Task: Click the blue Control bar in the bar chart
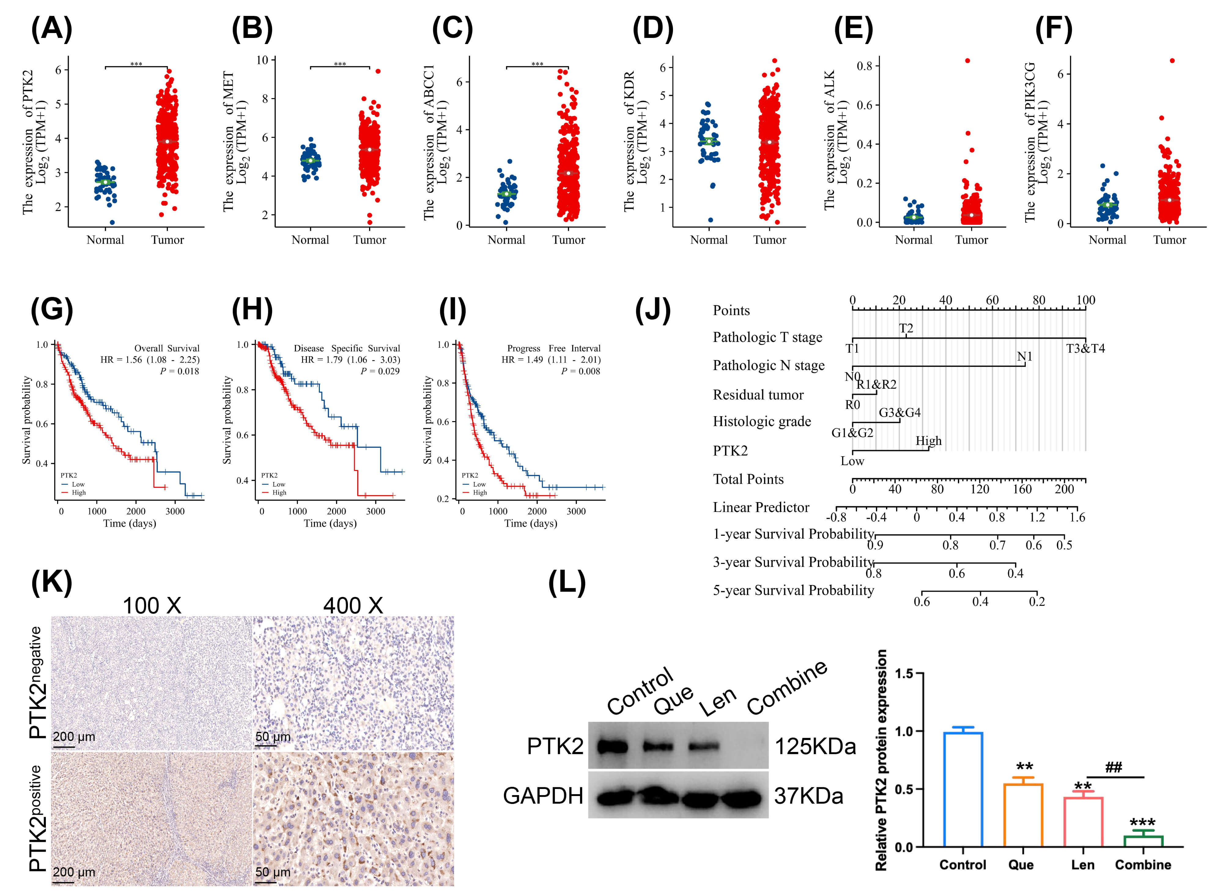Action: coord(963,789)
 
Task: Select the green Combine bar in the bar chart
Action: coord(1143,841)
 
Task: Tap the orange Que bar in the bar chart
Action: coord(1023,815)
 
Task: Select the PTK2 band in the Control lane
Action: coord(612,747)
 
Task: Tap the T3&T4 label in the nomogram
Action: coord(1085,349)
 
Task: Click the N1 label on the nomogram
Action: coord(1024,356)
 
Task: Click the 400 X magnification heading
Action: coord(353,606)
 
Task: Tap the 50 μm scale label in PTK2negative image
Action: coord(273,737)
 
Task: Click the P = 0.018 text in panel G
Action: coord(179,372)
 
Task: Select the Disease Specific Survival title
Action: coord(346,348)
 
